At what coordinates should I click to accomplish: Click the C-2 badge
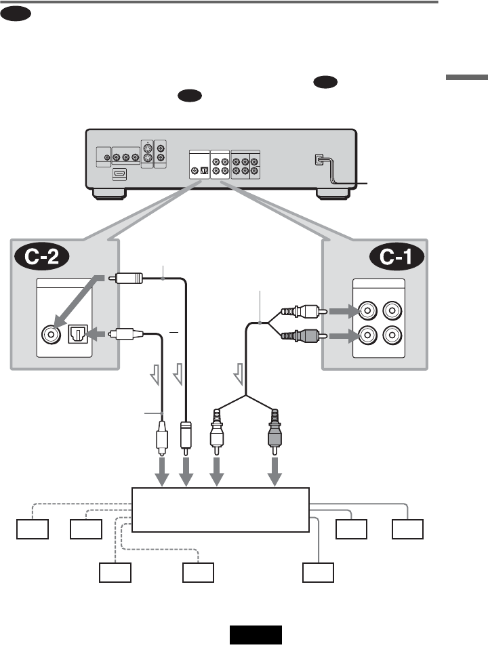coord(41,256)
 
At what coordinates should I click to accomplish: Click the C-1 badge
coord(396,256)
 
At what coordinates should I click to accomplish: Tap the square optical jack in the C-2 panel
coord(78,334)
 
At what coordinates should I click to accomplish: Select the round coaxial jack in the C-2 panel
coord(52,334)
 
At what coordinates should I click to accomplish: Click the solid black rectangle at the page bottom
coord(256,635)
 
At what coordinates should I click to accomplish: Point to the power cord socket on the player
coord(319,160)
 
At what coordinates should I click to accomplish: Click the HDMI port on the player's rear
coord(119,173)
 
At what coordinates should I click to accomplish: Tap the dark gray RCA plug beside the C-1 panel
coord(304,336)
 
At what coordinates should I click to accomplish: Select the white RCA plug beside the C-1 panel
coord(304,311)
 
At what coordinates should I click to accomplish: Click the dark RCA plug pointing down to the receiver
coord(274,432)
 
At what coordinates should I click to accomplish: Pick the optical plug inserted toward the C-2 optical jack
coord(126,334)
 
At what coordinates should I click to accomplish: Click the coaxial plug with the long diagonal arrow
coord(125,278)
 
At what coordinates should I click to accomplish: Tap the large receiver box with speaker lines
coord(220,510)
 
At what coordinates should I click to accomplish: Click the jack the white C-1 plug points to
coord(367,311)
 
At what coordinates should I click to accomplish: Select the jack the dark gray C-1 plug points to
coord(367,335)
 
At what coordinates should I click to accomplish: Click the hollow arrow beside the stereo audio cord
coord(239,374)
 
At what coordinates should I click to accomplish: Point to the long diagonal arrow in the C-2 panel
coord(78,301)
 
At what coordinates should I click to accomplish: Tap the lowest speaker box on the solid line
coord(318,573)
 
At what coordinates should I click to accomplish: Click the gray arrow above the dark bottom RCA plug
coord(274,472)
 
